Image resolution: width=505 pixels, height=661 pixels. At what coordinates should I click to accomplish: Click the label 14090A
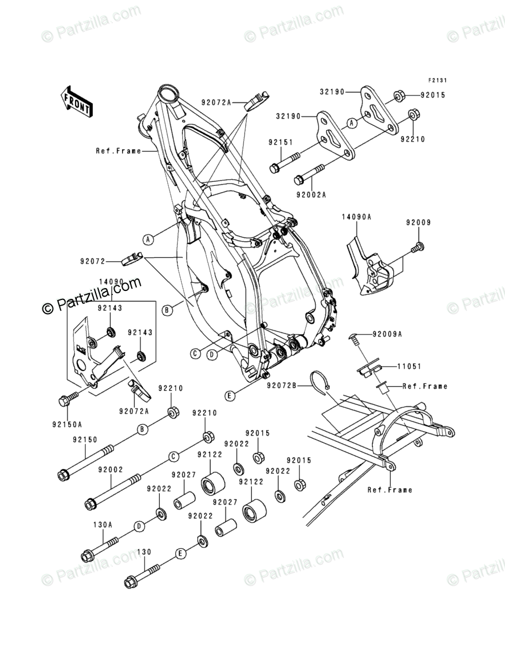(356, 216)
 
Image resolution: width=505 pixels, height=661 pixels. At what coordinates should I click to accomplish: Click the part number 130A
(103, 524)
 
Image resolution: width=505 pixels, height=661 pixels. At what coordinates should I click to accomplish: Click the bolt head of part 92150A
(64, 401)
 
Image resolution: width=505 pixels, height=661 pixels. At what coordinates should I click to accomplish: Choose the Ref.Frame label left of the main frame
(118, 151)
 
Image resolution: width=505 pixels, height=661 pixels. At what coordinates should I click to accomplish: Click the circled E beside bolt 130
(180, 553)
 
